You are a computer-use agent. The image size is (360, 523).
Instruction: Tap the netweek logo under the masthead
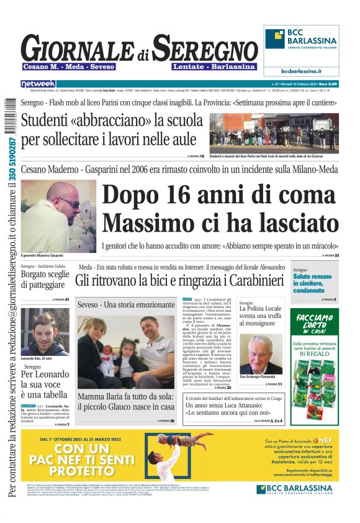(x=38, y=83)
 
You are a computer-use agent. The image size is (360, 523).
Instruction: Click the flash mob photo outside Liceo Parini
(x=274, y=134)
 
